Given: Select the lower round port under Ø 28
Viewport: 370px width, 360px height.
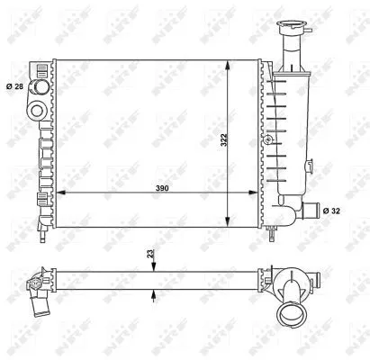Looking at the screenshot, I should point(39,111).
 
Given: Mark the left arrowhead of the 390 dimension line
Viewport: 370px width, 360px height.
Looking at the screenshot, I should point(59,192).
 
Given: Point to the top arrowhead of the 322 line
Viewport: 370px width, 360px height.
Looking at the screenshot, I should point(227,66).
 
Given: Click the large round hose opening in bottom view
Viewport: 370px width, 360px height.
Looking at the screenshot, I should point(293,315).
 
